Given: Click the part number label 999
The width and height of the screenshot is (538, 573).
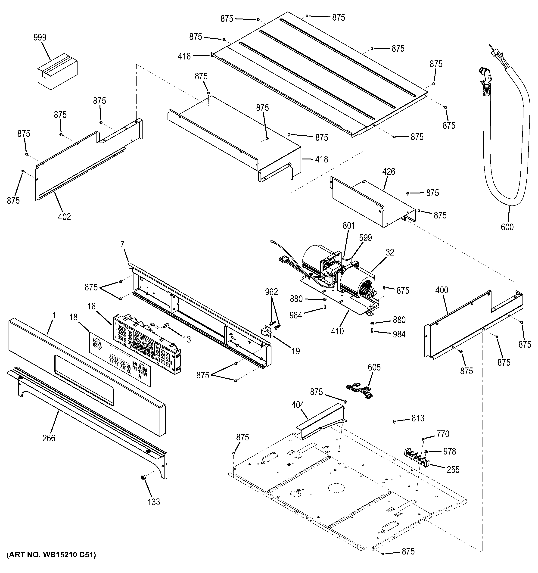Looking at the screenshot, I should coord(40,37).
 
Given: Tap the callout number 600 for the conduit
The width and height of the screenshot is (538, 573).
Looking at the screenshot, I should coord(507,227).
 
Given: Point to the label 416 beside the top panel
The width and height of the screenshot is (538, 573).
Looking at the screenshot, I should coord(184,56).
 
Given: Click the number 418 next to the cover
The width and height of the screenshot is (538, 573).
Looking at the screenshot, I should coord(322,159).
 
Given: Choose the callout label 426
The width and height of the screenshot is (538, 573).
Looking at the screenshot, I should coord(389,172).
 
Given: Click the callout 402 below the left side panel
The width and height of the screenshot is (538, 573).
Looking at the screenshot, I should coord(64,217).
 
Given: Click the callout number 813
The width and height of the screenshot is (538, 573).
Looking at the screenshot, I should coord(418,418).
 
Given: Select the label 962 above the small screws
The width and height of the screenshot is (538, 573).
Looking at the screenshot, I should coord(271,292).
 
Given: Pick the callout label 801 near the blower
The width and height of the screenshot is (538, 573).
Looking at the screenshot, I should coord(349,225).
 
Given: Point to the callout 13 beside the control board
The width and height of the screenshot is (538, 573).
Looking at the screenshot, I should coord(187,339).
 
